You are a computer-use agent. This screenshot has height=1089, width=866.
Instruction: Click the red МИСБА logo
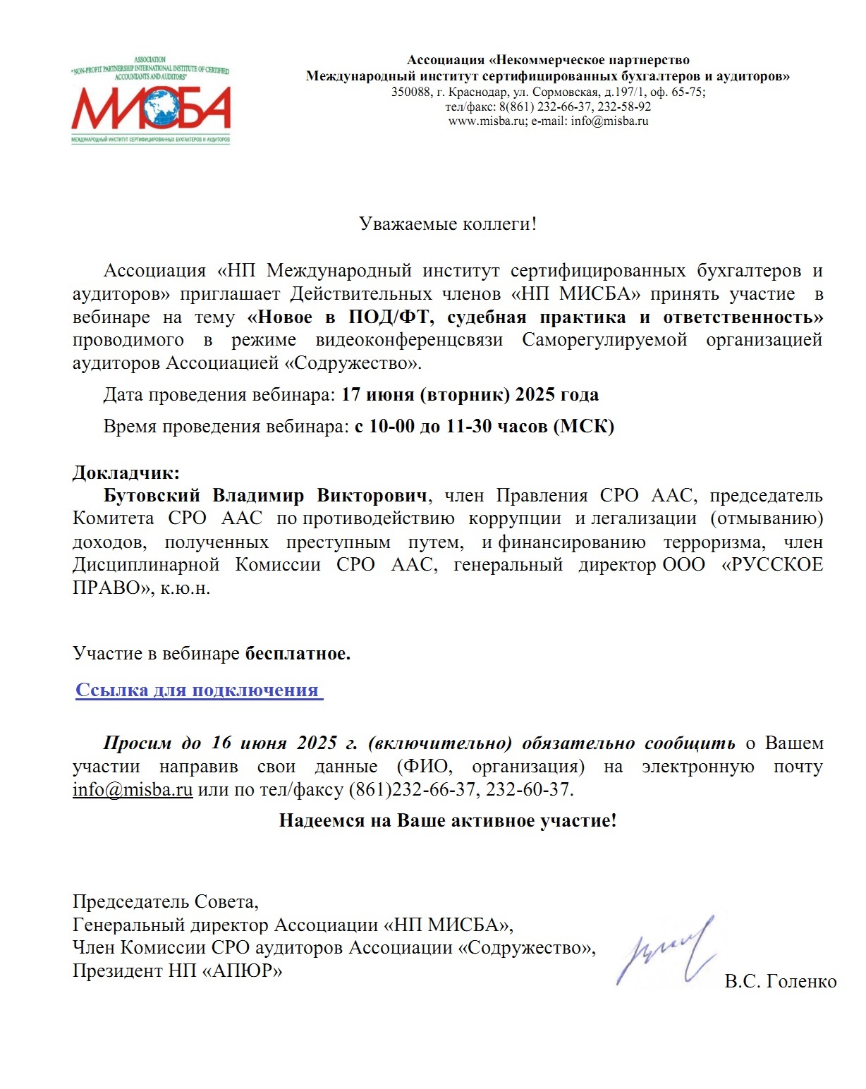click(x=151, y=107)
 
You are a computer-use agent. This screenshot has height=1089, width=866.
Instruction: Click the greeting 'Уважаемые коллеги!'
click(x=448, y=224)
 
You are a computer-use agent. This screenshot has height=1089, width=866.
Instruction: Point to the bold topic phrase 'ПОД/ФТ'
click(x=388, y=317)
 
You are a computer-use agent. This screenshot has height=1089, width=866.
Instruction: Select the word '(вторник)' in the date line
click(x=465, y=394)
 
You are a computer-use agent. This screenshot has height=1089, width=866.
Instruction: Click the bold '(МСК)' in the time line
click(x=584, y=426)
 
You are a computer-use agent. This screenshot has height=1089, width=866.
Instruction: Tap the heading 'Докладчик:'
click(x=126, y=472)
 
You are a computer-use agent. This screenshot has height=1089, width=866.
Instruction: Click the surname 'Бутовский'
click(x=152, y=495)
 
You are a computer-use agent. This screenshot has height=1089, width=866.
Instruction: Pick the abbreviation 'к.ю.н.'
click(x=185, y=588)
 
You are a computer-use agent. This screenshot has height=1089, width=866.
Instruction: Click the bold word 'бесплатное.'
click(x=298, y=653)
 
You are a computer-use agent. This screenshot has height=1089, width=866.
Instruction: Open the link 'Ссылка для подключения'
click(x=197, y=690)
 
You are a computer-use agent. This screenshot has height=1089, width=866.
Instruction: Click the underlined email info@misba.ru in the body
click(x=133, y=789)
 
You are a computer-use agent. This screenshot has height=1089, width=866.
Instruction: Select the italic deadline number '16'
click(x=221, y=743)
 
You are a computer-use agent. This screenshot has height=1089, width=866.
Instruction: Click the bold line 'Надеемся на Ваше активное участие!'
click(x=448, y=820)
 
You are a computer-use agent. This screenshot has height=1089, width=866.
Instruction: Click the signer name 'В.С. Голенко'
click(x=781, y=981)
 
